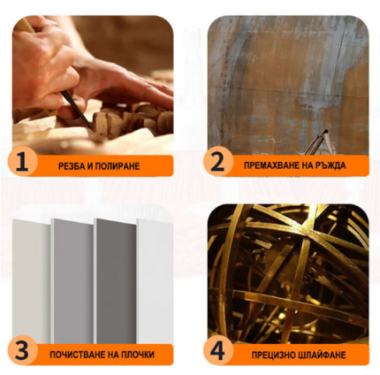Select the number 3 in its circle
[22, 350]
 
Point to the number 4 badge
[217, 350]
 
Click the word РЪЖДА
[331, 165]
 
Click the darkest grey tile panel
[115, 281]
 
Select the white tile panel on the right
[155, 281]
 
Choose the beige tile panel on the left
[31, 281]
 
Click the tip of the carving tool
[93, 130]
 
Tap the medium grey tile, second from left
[72, 281]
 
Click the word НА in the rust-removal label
[308, 165]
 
